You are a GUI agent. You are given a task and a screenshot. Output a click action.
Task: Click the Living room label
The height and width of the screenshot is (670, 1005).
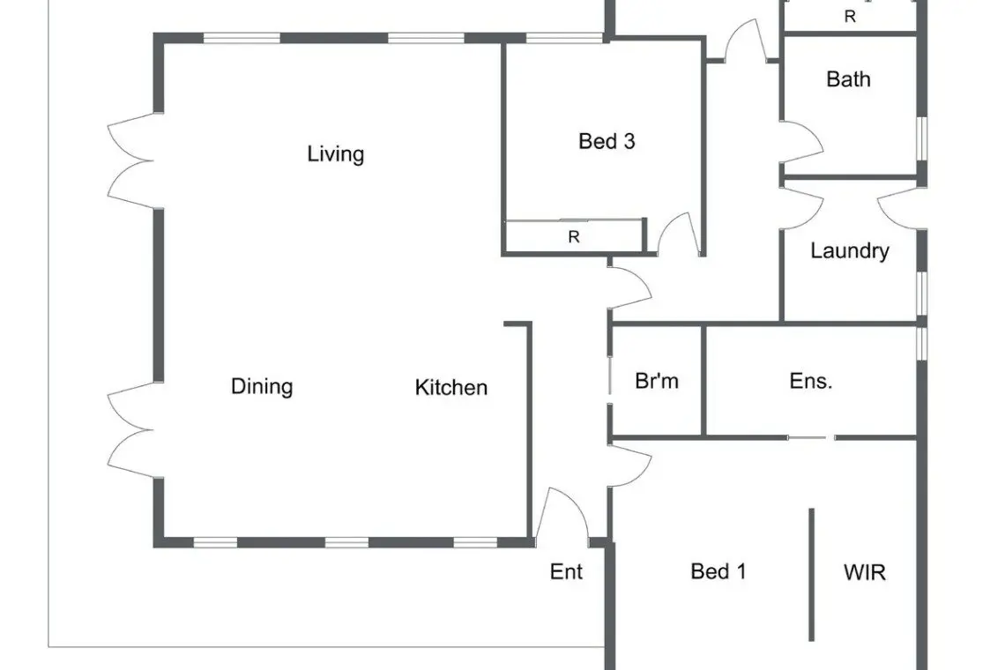coord(335,154)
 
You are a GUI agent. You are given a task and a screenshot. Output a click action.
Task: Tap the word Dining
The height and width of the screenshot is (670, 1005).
coord(262,386)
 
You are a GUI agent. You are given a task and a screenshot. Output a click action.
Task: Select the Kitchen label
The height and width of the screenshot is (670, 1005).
coord(451,387)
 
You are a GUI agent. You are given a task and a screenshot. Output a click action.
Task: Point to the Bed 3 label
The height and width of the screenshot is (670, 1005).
coord(607,141)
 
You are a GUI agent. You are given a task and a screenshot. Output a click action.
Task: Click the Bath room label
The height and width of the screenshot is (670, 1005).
coord(848,78)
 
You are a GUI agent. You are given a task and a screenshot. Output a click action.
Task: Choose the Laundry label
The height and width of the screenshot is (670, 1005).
coord(849,250)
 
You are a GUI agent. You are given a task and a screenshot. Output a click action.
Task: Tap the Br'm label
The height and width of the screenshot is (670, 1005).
coord(656,381)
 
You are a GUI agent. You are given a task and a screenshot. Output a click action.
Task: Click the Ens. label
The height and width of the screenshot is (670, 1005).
coord(811,381)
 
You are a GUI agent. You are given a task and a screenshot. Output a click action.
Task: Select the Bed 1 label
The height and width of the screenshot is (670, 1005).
coord(718,571)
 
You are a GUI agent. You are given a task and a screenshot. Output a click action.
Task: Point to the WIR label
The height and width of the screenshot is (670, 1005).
coord(865,572)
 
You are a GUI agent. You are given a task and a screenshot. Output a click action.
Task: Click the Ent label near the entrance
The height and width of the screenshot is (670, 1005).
coord(566,571)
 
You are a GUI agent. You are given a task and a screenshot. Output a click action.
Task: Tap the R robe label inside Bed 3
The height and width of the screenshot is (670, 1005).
coord(574,237)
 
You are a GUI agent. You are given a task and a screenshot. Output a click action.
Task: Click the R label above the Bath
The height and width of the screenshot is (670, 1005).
coord(850,17)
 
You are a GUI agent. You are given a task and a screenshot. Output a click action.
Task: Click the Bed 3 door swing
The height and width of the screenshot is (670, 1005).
coord(677,233)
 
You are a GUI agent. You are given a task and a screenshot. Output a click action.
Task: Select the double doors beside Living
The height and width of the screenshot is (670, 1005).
coord(131,161)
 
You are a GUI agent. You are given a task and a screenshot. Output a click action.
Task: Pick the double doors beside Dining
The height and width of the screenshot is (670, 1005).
coord(131,430)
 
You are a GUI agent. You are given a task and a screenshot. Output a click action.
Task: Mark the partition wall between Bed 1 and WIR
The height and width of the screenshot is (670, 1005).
coord(811,575)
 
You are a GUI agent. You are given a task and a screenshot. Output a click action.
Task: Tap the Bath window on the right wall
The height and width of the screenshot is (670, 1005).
coord(921,138)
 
